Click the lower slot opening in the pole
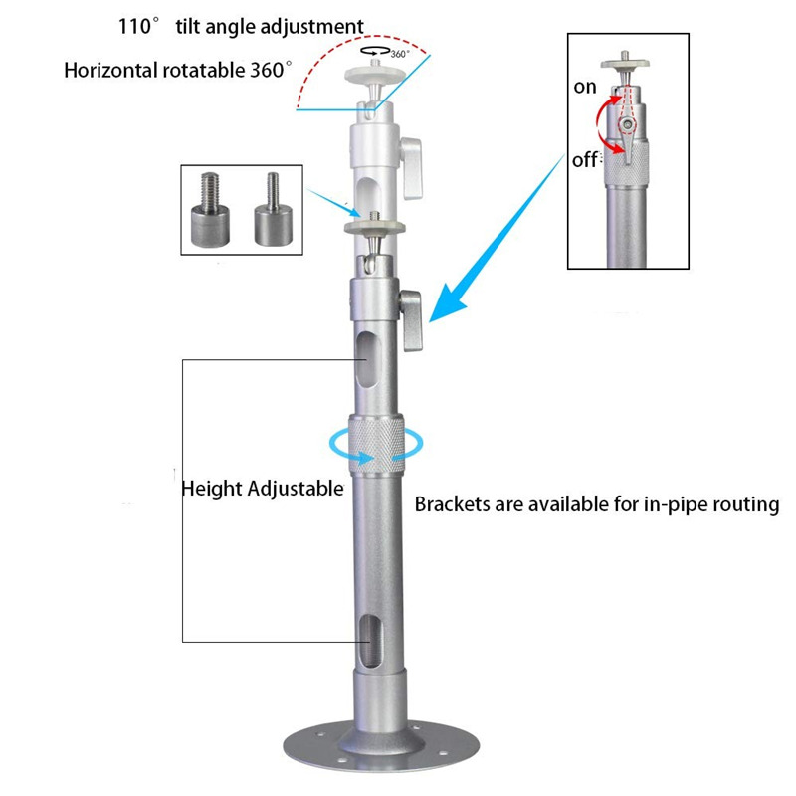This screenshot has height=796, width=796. (x=370, y=642)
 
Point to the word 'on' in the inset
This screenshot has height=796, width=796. (x=585, y=88)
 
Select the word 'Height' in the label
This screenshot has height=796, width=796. (x=207, y=489)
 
